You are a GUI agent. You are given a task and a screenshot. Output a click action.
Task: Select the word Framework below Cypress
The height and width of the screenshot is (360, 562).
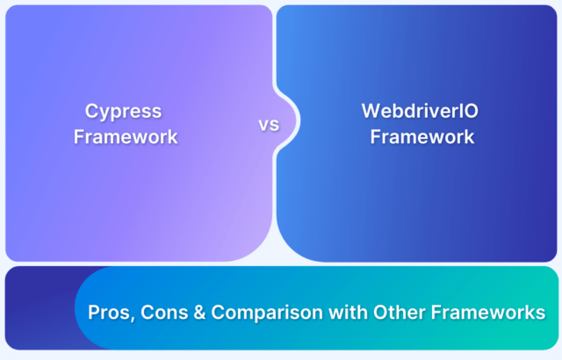[126, 137]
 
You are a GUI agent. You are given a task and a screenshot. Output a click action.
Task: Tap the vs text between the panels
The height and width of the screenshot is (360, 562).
[269, 125]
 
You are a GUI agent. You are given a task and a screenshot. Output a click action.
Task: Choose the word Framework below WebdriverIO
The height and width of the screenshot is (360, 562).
[421, 137]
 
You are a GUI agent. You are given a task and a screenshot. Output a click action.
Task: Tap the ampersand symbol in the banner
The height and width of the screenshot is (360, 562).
[196, 313]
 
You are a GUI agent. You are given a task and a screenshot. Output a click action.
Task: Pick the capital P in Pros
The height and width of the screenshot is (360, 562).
[92, 313]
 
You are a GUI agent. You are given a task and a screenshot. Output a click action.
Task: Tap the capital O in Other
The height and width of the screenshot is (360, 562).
[367, 313]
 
